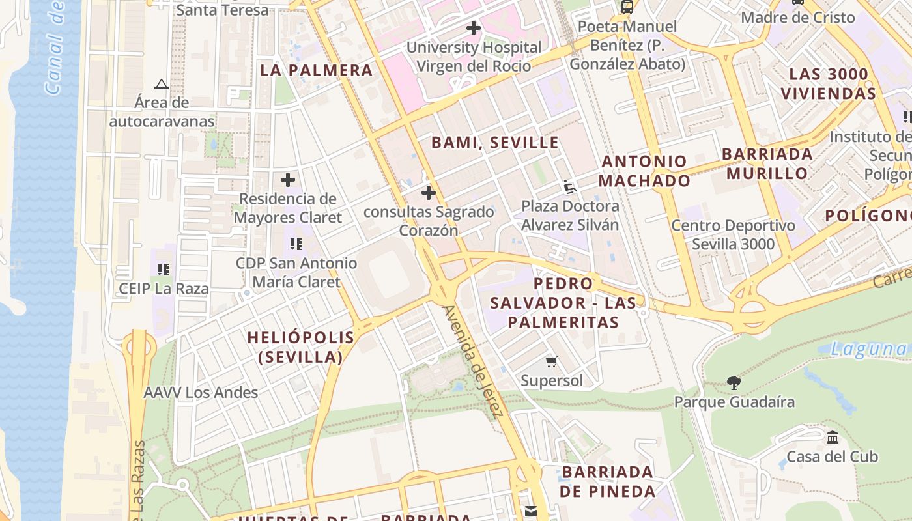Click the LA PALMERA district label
317,70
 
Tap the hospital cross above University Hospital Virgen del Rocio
474,28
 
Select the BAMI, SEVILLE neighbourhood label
495,143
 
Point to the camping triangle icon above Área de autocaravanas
162,84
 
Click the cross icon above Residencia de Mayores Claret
288,180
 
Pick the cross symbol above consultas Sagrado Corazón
429,193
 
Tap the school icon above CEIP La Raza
164,269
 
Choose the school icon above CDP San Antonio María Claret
296,244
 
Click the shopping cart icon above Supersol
552,362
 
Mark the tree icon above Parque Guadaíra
734,382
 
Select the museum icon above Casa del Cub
833,438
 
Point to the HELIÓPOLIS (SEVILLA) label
301,347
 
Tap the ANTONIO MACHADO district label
644,171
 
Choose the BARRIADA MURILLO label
767,163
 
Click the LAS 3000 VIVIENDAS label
829,83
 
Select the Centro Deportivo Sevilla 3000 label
733,235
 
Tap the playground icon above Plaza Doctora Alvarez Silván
570,187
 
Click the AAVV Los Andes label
201,393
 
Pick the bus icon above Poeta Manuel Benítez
627,7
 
